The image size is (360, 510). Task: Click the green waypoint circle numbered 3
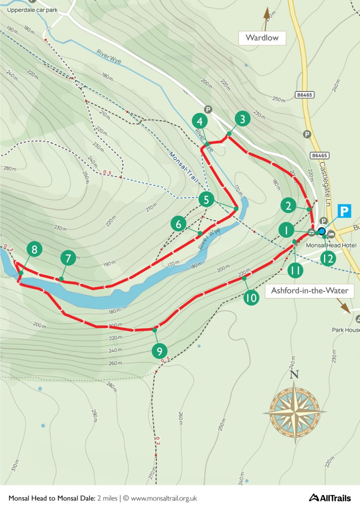pyautogui.click(x=242, y=119)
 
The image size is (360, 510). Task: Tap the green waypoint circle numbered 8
pyautogui.click(x=34, y=249)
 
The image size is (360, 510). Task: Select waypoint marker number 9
pyautogui.click(x=159, y=351)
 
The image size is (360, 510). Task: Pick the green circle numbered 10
pyautogui.click(x=251, y=297)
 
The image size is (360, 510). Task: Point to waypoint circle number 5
pyautogui.click(x=206, y=199)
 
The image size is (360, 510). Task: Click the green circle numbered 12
pyautogui.click(x=328, y=258)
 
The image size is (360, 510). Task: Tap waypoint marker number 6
pyautogui.click(x=179, y=224)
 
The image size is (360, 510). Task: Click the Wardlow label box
pyautogui.click(x=262, y=38)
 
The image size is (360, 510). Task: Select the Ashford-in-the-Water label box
pyautogui.click(x=309, y=290)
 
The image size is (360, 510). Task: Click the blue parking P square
pyautogui.click(x=344, y=211)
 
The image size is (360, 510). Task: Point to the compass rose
pyautogui.click(x=294, y=412)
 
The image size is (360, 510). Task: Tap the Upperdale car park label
pyautogui.click(x=32, y=10)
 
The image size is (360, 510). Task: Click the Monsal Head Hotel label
pyautogui.click(x=331, y=245)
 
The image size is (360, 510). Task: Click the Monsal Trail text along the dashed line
pyautogui.click(x=183, y=167)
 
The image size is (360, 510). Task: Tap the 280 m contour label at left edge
pyautogui.click(x=10, y=169)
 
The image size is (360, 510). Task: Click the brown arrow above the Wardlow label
pyautogui.click(x=266, y=18)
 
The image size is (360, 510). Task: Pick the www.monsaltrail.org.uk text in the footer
pyautogui.click(x=164, y=498)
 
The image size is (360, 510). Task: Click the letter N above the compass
pyautogui.click(x=294, y=374)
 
